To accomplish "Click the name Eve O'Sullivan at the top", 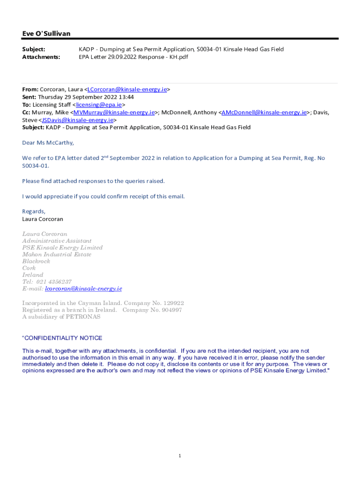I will coord(46,34).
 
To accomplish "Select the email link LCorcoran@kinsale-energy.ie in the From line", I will coord(127,89).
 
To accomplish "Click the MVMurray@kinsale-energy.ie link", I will coord(114,112).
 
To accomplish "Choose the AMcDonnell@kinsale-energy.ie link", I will coord(264,112).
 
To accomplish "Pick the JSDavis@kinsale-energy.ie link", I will coord(78,120).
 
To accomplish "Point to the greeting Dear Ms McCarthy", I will coord(48,143).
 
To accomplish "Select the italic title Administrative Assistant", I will coord(57,241).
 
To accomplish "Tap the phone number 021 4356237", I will coord(54,282).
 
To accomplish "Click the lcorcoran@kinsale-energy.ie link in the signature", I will coord(83,289).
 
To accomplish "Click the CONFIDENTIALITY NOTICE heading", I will coord(63,338).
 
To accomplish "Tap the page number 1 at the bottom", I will coord(180,456).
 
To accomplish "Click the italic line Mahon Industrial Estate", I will coord(57,254).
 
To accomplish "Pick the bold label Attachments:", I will coord(41,57).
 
